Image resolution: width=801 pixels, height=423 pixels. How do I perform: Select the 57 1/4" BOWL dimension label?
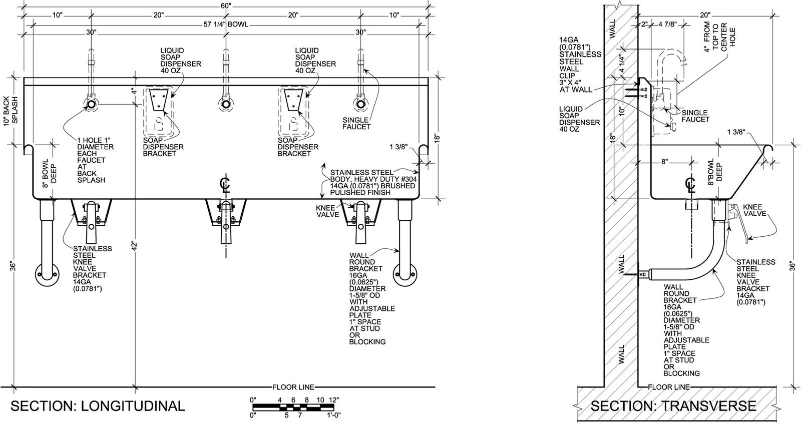pyautogui.click(x=226, y=25)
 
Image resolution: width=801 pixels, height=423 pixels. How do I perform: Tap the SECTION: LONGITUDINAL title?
pyautogui.click(x=98, y=406)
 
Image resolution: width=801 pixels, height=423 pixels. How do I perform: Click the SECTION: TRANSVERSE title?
pyautogui.click(x=673, y=406)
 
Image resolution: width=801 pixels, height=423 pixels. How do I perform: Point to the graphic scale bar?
pyautogui.click(x=293, y=407)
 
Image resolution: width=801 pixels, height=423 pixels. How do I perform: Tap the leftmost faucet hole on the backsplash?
pyautogui.click(x=91, y=105)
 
